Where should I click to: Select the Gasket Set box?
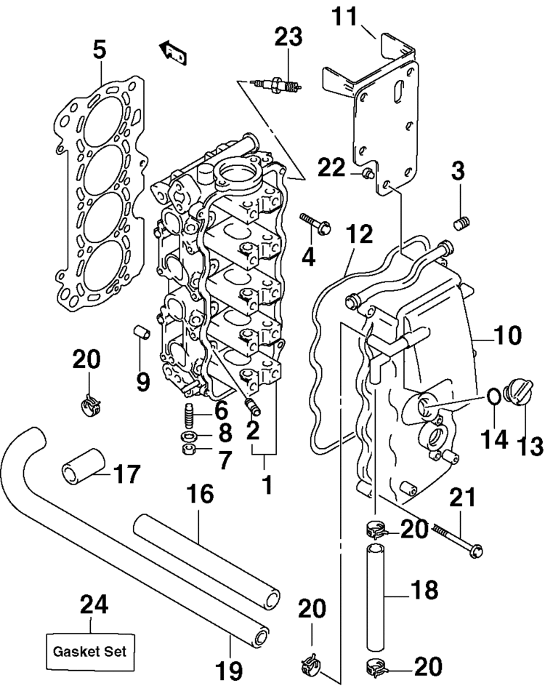click(90, 651)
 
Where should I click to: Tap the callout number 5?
click(100, 50)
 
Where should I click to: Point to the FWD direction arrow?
click(172, 52)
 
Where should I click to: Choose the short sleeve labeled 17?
click(83, 467)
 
